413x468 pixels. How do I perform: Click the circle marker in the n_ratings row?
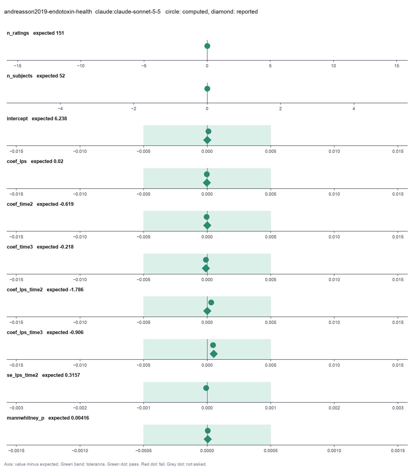207,46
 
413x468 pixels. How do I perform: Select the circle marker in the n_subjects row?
207,89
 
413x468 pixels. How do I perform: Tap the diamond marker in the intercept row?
207,140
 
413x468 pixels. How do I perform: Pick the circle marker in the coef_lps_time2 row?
211,303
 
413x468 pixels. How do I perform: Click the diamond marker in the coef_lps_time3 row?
214,354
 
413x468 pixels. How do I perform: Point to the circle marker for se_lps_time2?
206,388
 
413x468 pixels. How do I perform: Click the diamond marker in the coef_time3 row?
206,268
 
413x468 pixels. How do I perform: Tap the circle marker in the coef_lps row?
207,174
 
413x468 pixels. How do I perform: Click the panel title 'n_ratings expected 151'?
35,33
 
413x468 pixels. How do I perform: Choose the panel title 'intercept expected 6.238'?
37,119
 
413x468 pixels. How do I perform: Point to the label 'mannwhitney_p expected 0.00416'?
48,418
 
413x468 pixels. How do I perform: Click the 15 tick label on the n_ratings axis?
397,66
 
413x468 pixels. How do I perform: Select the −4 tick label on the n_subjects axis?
60,109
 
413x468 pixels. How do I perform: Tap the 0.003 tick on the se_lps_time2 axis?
398,408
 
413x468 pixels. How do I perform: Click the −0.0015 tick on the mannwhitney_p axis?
16,451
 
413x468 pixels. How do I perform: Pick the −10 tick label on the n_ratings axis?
81,66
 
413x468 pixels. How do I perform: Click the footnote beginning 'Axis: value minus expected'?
105,464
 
